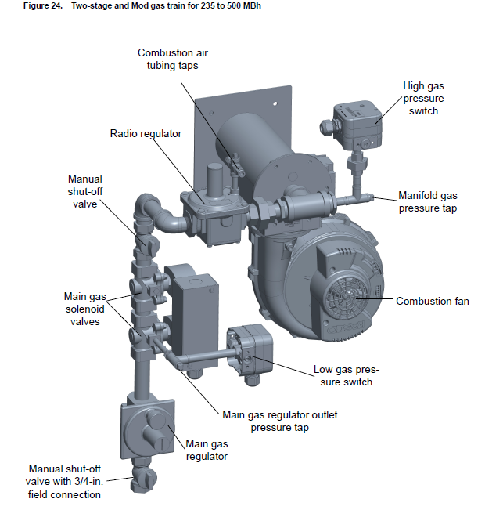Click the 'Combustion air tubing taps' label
tap(173, 59)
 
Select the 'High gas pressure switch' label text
tap(422, 98)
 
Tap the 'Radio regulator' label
tap(146, 133)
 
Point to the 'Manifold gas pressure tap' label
tap(427, 202)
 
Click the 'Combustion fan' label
tap(432, 301)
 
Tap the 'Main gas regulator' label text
tap(207, 450)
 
